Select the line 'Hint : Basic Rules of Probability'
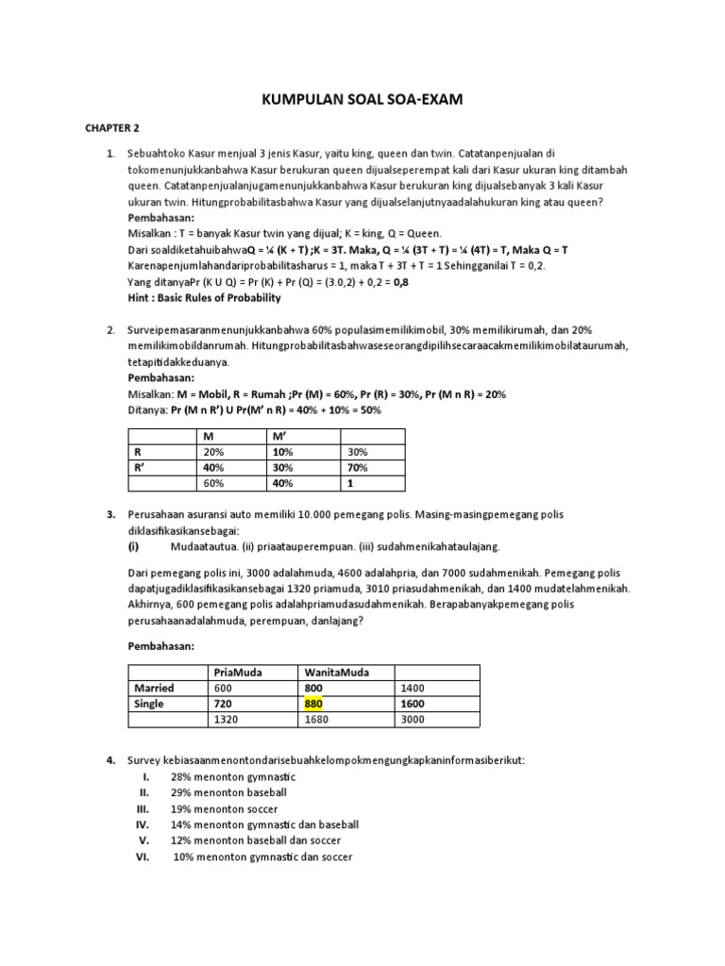point(204,298)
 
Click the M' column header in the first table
point(282,436)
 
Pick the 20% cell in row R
point(214,452)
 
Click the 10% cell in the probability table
point(283,452)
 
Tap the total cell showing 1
point(349,483)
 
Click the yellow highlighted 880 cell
point(312,704)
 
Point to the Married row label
point(154,688)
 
